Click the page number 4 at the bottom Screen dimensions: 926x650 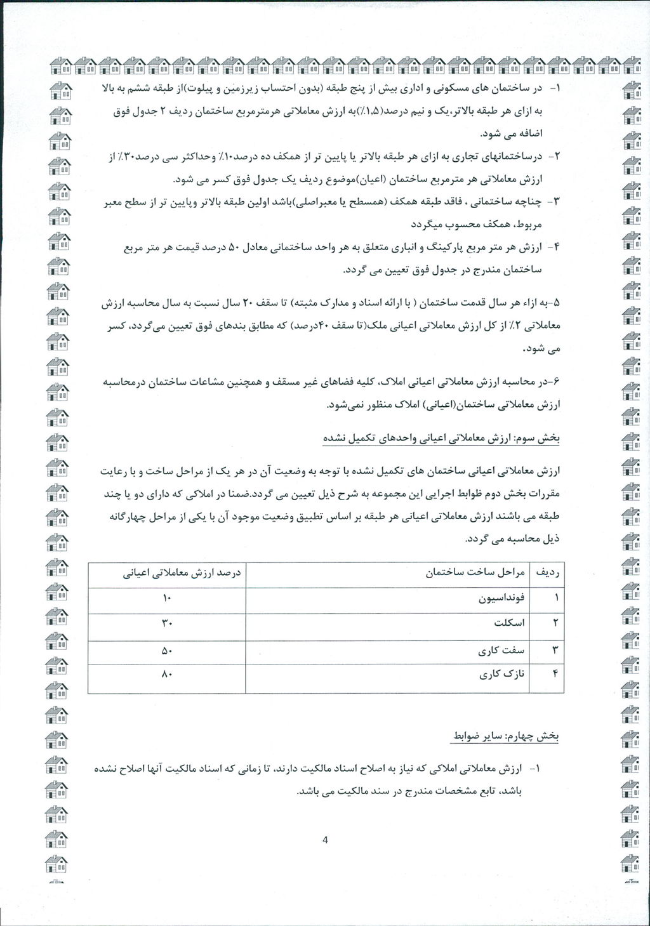pos(325,840)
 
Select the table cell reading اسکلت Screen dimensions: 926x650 pos(510,623)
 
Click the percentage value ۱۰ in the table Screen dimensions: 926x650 pos(167,599)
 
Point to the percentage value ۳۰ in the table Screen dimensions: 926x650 pos(167,624)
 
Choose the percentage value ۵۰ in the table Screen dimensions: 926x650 pos(167,651)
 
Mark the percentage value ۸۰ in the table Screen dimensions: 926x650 pos(167,676)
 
